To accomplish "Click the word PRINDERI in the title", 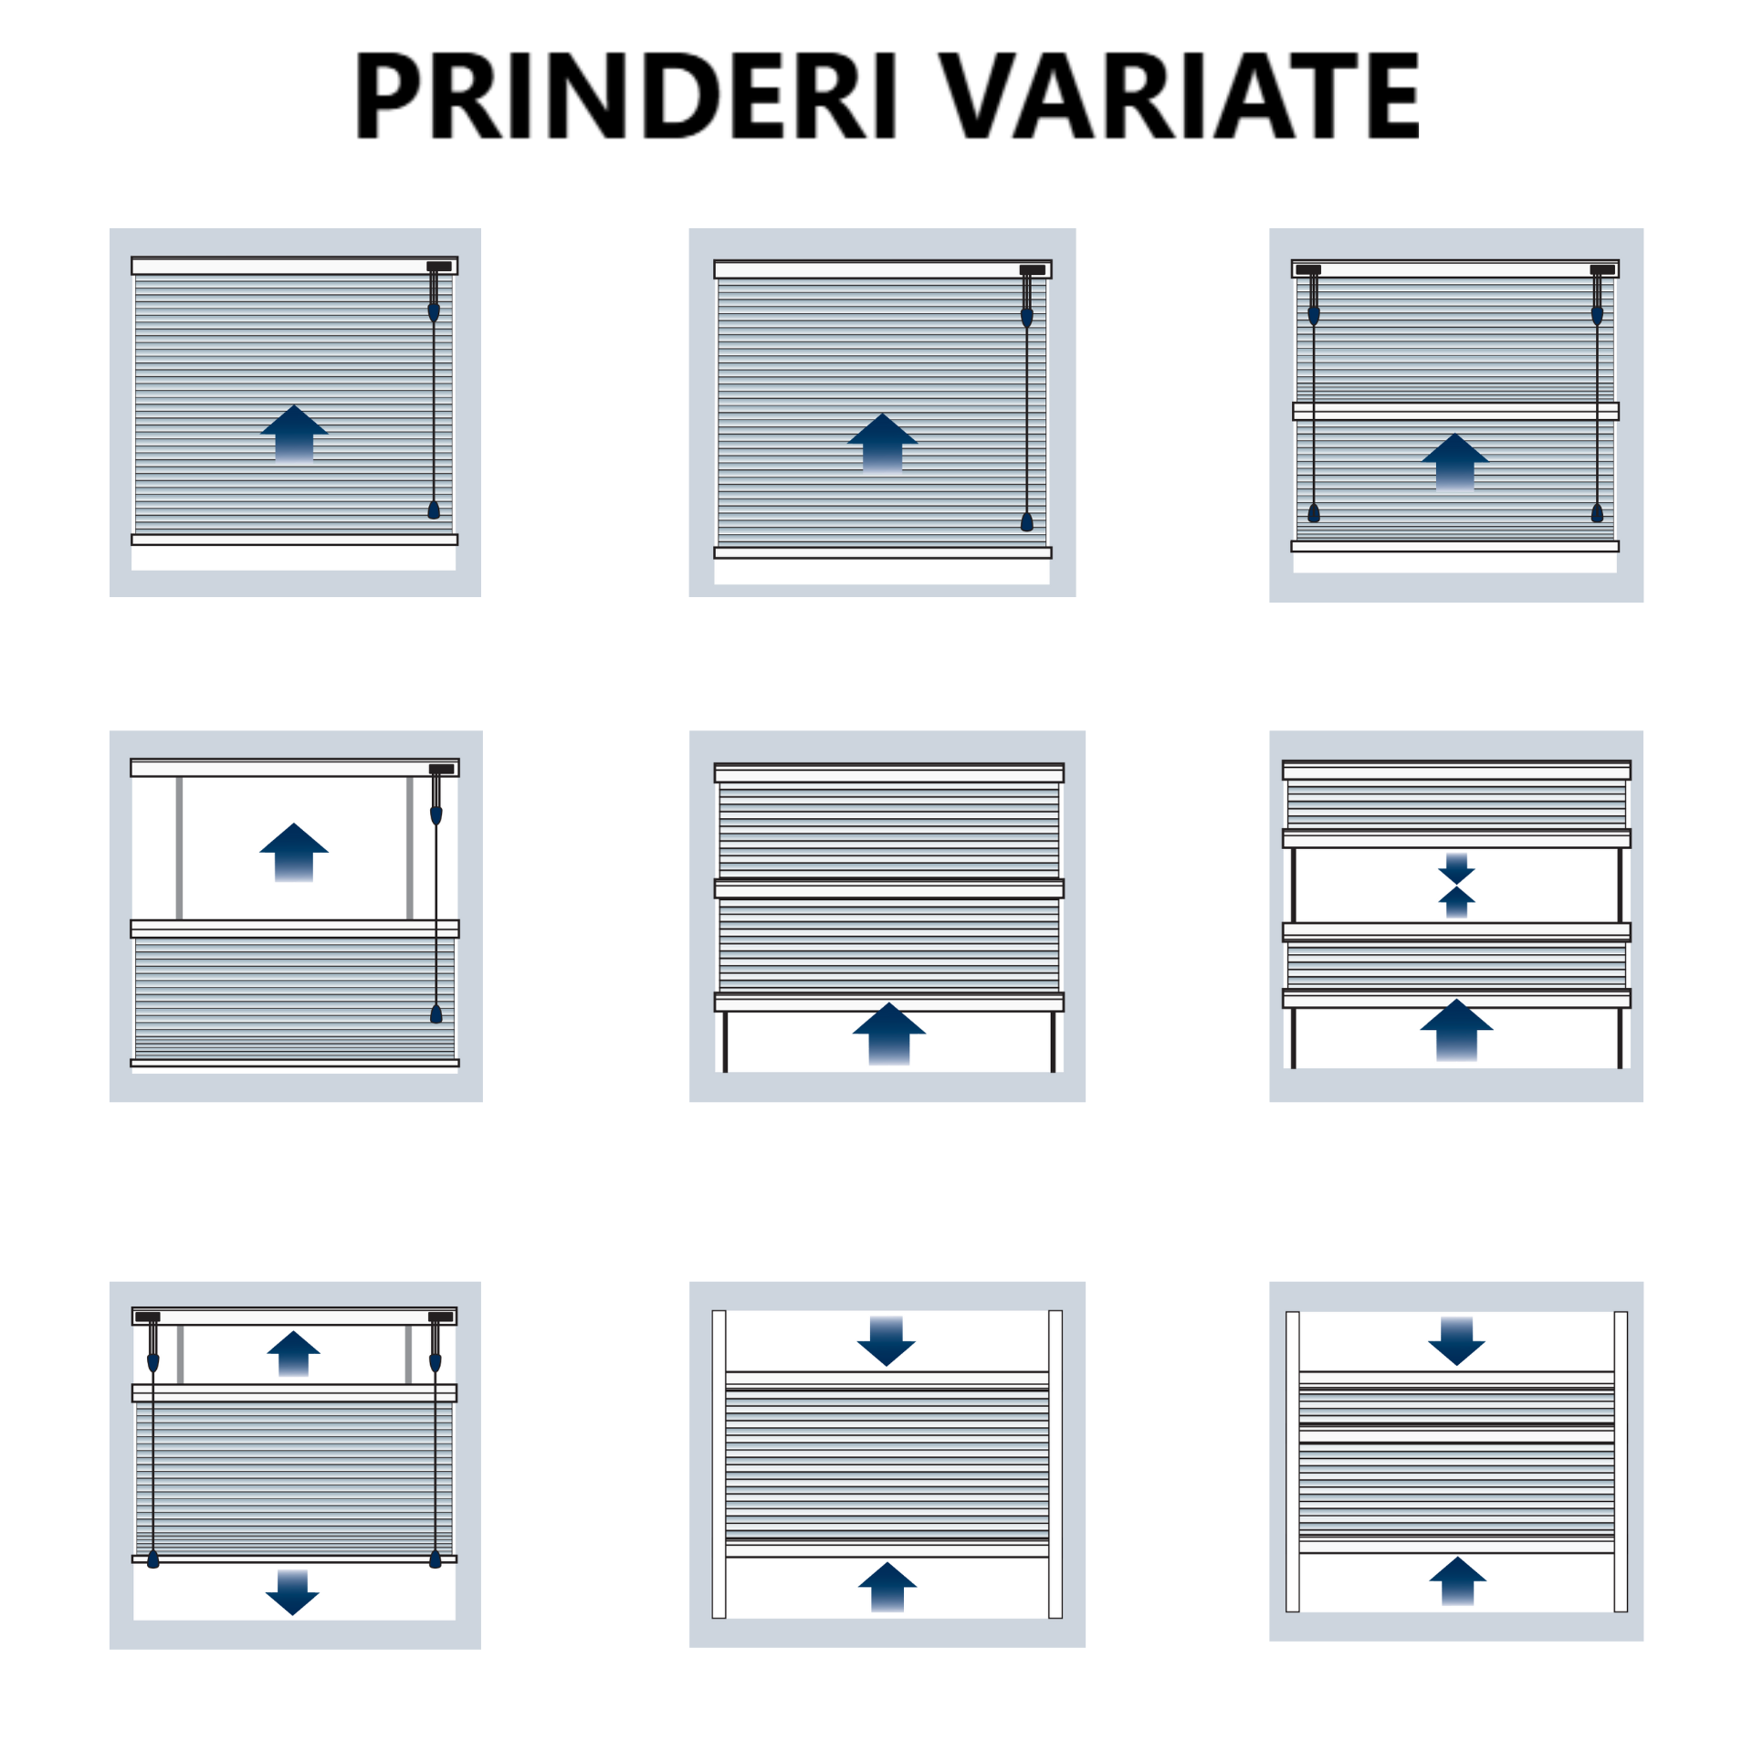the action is [x=626, y=95].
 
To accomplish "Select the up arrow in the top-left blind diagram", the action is [x=294, y=433].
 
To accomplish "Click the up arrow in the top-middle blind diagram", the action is [x=882, y=442].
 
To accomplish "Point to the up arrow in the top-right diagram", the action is [x=1454, y=462].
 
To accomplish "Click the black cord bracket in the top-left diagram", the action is [x=439, y=267].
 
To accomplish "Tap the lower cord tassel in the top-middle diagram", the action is [x=1027, y=521].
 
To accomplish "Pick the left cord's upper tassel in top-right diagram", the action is [x=1314, y=316].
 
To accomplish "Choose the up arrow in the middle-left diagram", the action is [x=294, y=852].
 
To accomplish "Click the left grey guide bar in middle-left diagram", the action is [x=179, y=847].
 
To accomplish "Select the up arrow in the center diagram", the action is [x=888, y=1034].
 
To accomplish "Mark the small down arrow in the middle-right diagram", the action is [x=1456, y=868].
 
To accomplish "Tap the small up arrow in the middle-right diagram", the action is [x=1456, y=902].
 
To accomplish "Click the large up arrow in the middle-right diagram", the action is [x=1456, y=1030].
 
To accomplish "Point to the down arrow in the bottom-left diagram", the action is [x=292, y=1592].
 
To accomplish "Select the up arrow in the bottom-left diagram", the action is [x=293, y=1353].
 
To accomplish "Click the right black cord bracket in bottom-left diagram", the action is [x=441, y=1317].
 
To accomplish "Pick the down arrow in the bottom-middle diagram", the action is [x=887, y=1341].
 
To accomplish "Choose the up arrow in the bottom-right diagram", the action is [x=1457, y=1580].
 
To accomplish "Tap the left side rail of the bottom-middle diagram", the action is [x=719, y=1464].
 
